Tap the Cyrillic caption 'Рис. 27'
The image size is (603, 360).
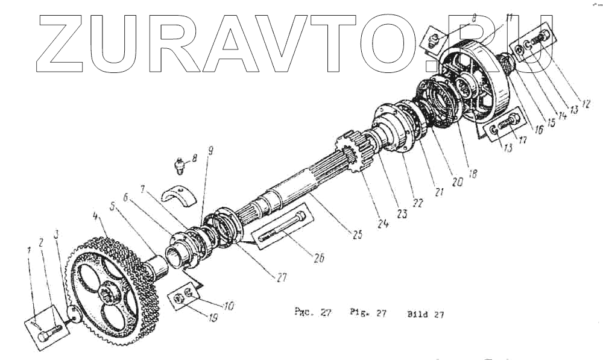[x=312, y=314]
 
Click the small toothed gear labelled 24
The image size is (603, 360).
[x=349, y=154]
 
